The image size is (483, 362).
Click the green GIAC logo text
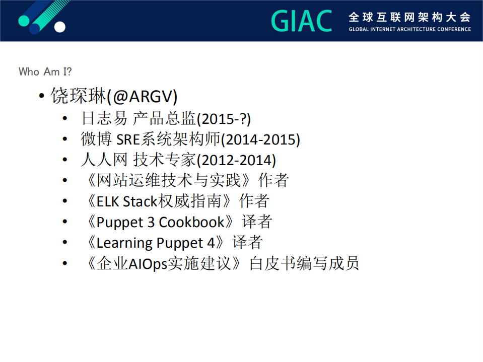coord(302,21)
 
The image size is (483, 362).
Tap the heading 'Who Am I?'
coord(45,71)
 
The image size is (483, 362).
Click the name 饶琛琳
coord(78,96)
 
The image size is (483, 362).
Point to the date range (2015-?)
coord(224,119)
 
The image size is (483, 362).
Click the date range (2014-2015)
coord(260,140)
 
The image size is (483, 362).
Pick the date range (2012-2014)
coord(236,160)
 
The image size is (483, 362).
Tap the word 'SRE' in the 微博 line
coord(128,140)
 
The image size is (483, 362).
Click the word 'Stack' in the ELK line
coord(140,201)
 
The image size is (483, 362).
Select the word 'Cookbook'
coord(191,222)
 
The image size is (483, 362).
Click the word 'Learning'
coord(125,243)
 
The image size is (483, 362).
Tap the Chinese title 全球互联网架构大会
coord(409,17)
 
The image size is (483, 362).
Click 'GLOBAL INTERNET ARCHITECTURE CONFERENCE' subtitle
coord(409,29)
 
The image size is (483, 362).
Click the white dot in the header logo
coord(60,27)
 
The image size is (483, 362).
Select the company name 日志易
coord(104,118)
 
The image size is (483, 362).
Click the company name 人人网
coord(104,160)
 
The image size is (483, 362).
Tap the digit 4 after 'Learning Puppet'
coord(211,243)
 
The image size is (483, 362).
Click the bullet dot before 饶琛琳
coord(42,96)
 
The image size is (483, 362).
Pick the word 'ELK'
coord(108,202)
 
